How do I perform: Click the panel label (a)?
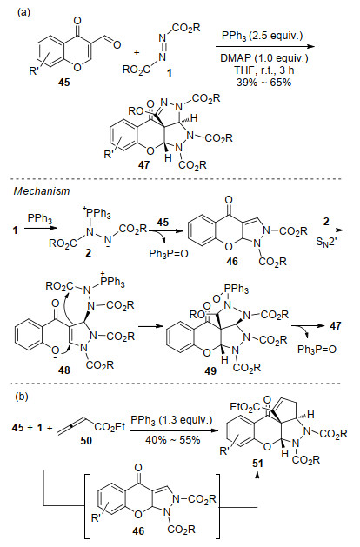point(24,12)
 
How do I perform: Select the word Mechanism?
point(42,191)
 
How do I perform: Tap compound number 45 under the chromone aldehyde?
point(64,83)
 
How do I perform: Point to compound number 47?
point(143,164)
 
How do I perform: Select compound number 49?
point(210,371)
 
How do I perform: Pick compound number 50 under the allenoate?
point(86,441)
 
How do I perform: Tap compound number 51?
point(257,464)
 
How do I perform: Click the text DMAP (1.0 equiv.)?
point(264,58)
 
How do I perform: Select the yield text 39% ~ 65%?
point(263,83)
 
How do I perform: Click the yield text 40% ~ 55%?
point(173,439)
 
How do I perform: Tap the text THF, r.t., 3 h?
point(264,70)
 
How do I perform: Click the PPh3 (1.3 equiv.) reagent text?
point(171,420)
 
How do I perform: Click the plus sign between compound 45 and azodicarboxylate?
point(137,53)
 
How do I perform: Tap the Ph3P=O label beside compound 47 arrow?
point(317,350)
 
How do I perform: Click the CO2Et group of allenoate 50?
point(110,427)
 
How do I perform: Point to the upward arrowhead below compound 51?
point(257,475)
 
